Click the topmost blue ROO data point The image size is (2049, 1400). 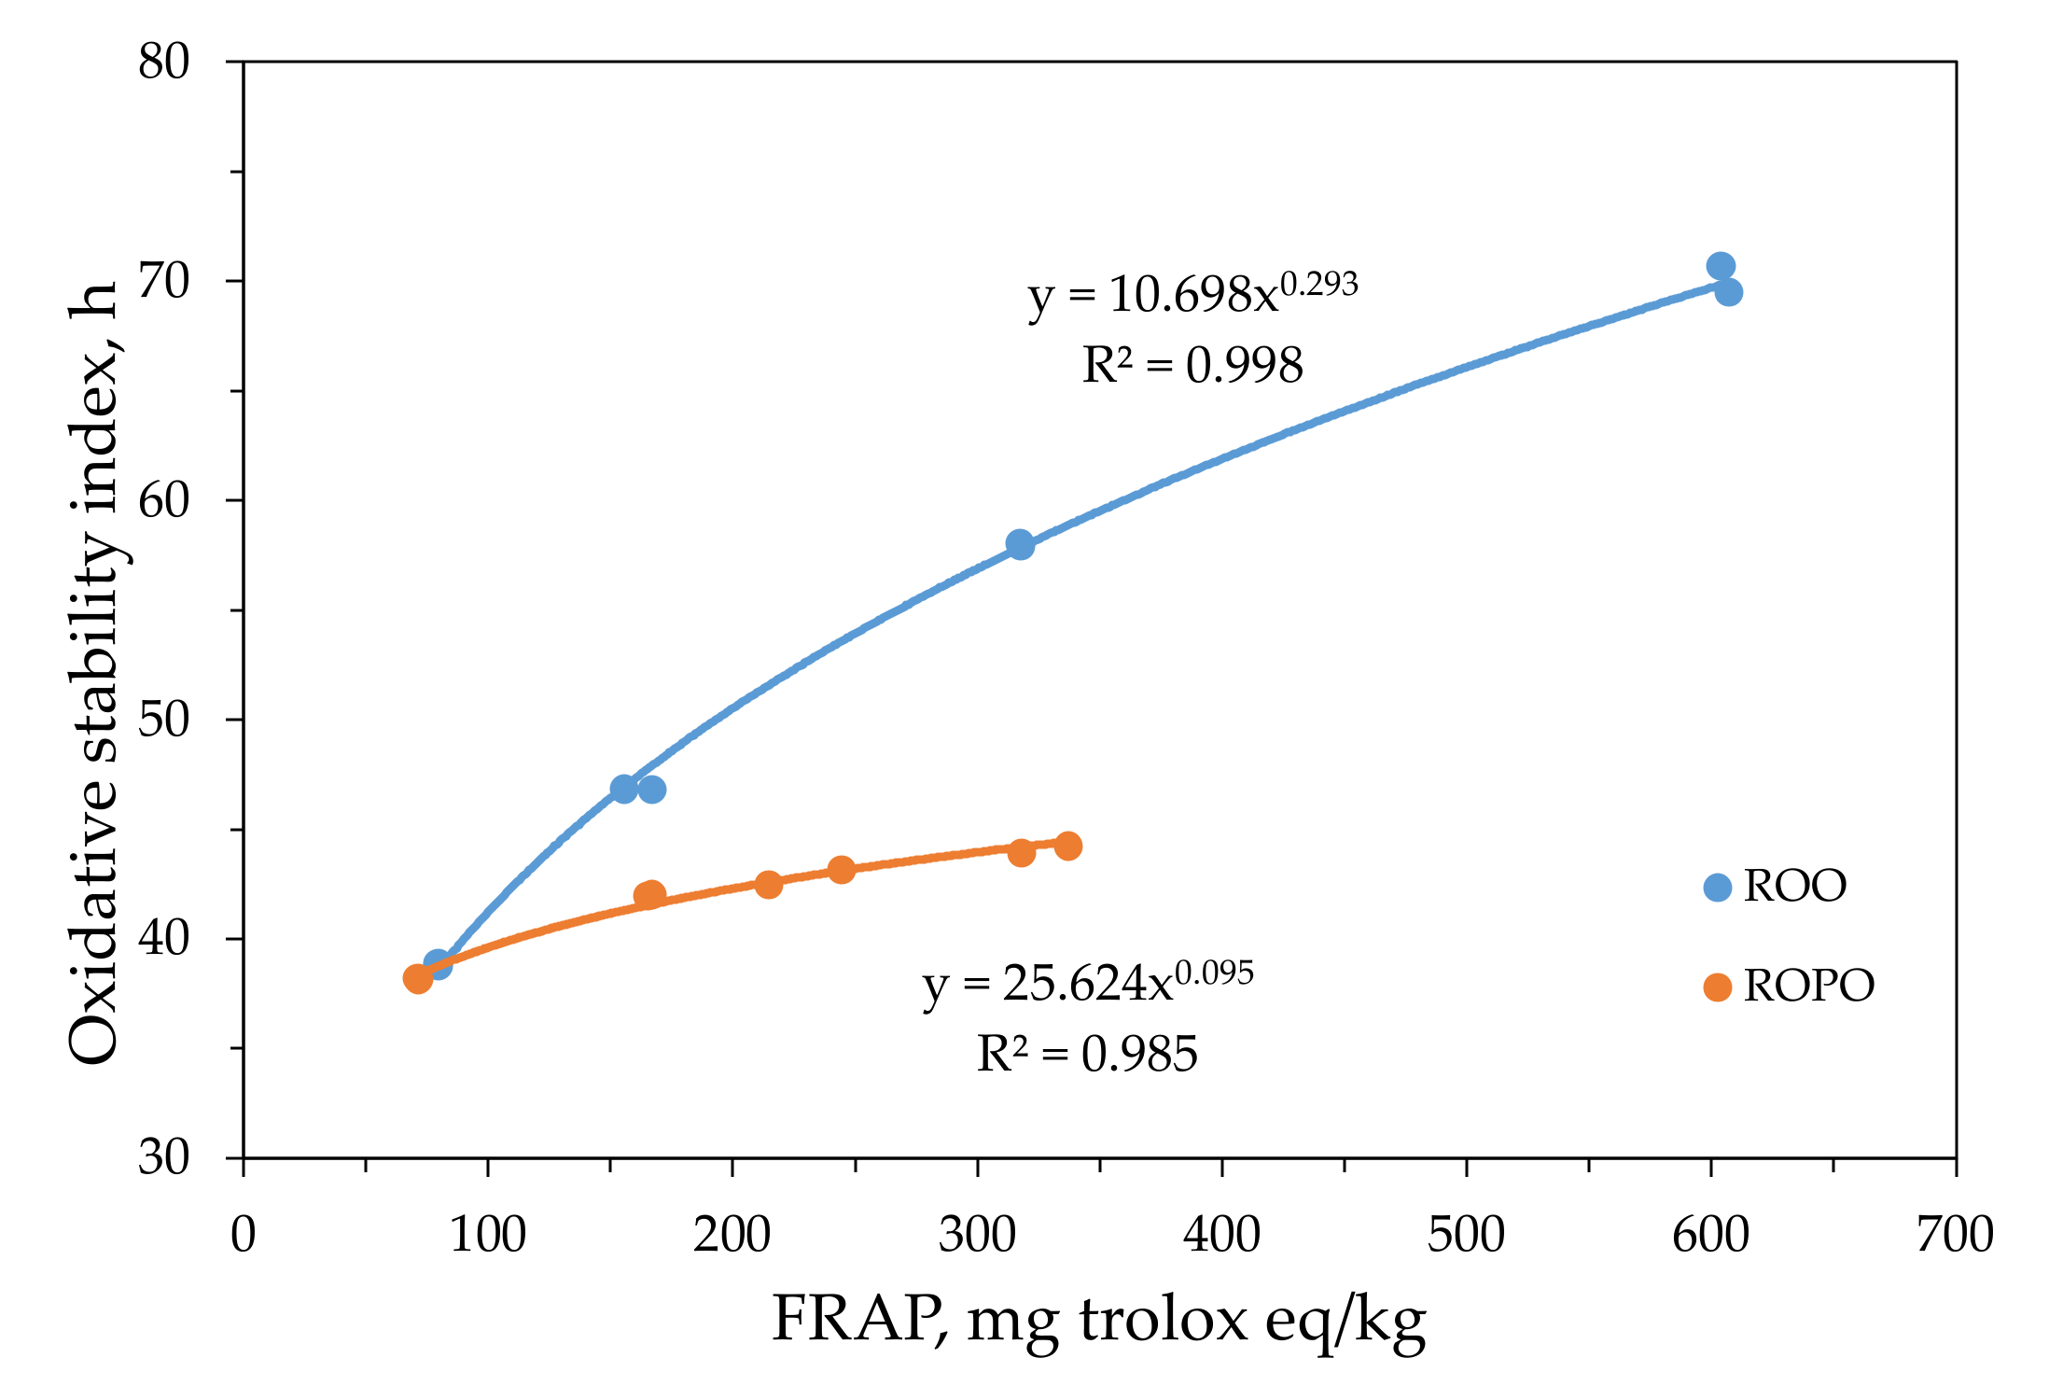(1721, 266)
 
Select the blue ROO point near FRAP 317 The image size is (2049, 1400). (1020, 544)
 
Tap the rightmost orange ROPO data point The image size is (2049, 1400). (1068, 846)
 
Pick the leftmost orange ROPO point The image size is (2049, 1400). (417, 978)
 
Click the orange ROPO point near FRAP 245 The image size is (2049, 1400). (842, 870)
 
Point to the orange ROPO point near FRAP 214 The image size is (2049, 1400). (768, 884)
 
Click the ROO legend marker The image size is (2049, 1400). (1717, 887)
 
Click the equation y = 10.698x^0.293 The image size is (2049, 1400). (1192, 294)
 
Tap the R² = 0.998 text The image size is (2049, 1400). (1192, 365)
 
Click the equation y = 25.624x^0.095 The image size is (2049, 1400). (1088, 983)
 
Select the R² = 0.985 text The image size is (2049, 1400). (1087, 1055)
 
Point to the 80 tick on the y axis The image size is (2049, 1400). (164, 63)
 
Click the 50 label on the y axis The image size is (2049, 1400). (164, 720)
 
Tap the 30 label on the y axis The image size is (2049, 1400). (164, 1157)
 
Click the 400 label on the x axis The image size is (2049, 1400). (1221, 1235)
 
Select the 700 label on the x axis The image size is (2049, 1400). (1955, 1235)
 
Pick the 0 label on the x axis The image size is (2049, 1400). (244, 1235)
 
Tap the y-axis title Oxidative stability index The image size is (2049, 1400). (93, 672)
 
